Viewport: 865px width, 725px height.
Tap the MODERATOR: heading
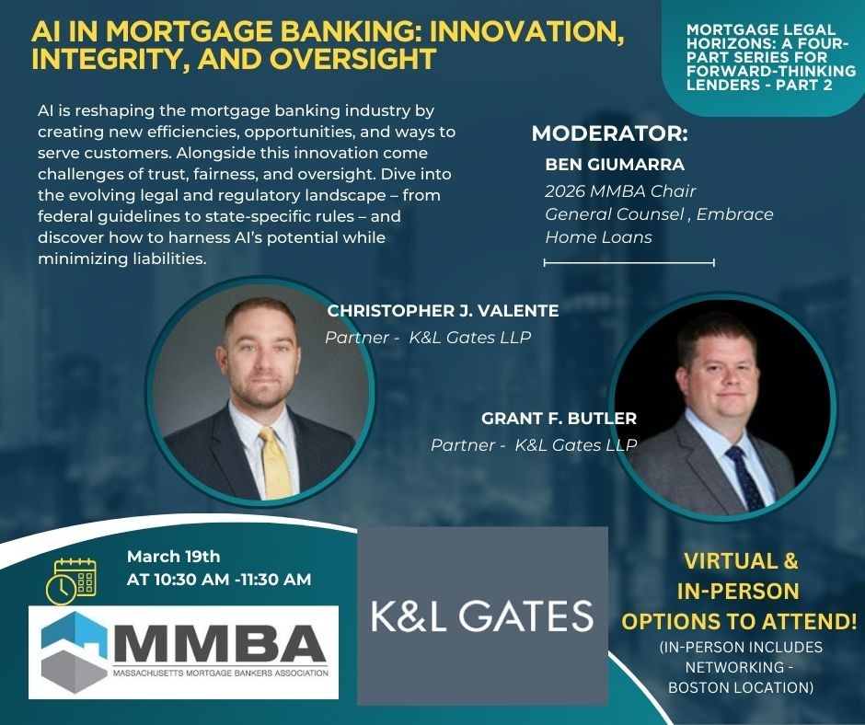click(610, 134)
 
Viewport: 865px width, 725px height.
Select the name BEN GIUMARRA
click(615, 165)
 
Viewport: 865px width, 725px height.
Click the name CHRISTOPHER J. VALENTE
click(443, 311)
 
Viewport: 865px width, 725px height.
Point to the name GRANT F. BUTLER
click(559, 419)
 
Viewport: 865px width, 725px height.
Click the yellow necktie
click(275, 463)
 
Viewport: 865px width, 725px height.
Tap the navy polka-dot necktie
click(745, 478)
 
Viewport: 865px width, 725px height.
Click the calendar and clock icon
click(71, 581)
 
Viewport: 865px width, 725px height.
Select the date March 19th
click(173, 556)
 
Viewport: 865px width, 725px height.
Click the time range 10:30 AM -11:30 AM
click(232, 580)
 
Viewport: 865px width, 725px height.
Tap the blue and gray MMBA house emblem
click(75, 651)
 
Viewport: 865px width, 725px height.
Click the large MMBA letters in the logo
click(221, 644)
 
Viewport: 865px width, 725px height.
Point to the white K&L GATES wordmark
click(482, 616)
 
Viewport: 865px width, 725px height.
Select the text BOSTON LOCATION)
click(741, 688)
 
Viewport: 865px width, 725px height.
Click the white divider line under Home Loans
click(629, 263)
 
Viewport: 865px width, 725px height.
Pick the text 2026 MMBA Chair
click(620, 190)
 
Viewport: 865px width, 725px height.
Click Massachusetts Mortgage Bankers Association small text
click(221, 673)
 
